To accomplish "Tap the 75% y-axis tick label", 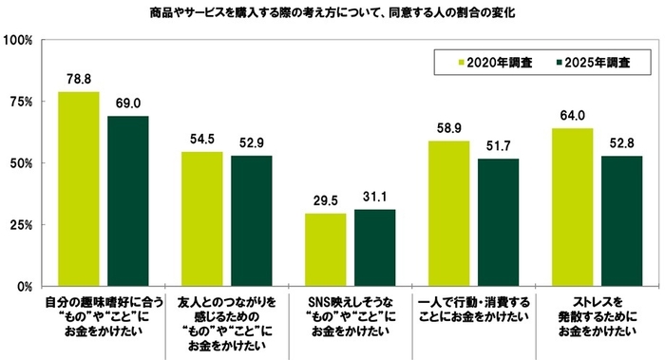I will click(21, 102).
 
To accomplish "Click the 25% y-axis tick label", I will click(21, 225).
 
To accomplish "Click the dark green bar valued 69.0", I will click(127, 200).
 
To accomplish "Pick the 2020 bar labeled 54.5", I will click(201, 218).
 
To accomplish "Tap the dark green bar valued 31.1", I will click(374, 247).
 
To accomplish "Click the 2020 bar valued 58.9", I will click(448, 213).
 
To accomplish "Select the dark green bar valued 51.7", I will click(498, 222).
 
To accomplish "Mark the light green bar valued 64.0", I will click(572, 207).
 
